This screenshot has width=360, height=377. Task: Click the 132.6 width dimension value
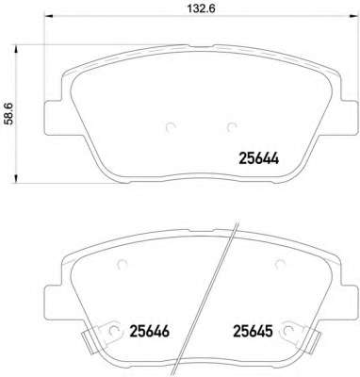pos(201,8)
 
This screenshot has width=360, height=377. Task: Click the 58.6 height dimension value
pos(10,113)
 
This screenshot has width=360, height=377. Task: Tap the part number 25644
pos(259,158)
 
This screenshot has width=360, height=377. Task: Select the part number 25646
pos(150,331)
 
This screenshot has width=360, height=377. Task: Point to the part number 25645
pos(253,331)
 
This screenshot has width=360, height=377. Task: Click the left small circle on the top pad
pos(171,126)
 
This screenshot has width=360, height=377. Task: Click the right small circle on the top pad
pos(231,126)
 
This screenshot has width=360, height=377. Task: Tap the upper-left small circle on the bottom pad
pos(122,265)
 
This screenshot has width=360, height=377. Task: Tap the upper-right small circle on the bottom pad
pos(279,265)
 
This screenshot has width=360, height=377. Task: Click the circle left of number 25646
pos(114,330)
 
